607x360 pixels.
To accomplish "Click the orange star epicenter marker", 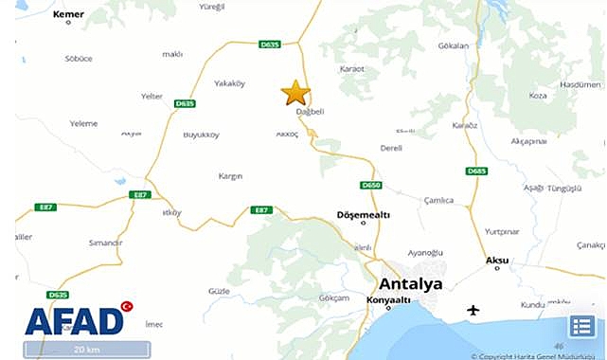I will click(295, 93).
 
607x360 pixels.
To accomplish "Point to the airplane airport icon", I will click(473, 310).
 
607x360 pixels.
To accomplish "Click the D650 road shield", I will click(370, 185).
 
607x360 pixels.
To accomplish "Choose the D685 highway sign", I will click(476, 171).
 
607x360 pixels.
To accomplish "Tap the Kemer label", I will click(69, 14).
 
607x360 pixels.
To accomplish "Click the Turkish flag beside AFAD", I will click(127, 307).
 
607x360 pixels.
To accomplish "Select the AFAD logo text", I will click(74, 322).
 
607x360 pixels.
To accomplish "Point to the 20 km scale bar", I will click(86, 350).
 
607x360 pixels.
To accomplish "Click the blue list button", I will click(581, 327).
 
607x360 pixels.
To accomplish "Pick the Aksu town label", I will click(496, 259).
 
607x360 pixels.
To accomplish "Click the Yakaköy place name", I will click(229, 83).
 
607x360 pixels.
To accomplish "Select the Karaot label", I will click(351, 69).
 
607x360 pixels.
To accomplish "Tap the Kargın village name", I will click(230, 176).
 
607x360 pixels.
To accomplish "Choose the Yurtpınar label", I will click(502, 231).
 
